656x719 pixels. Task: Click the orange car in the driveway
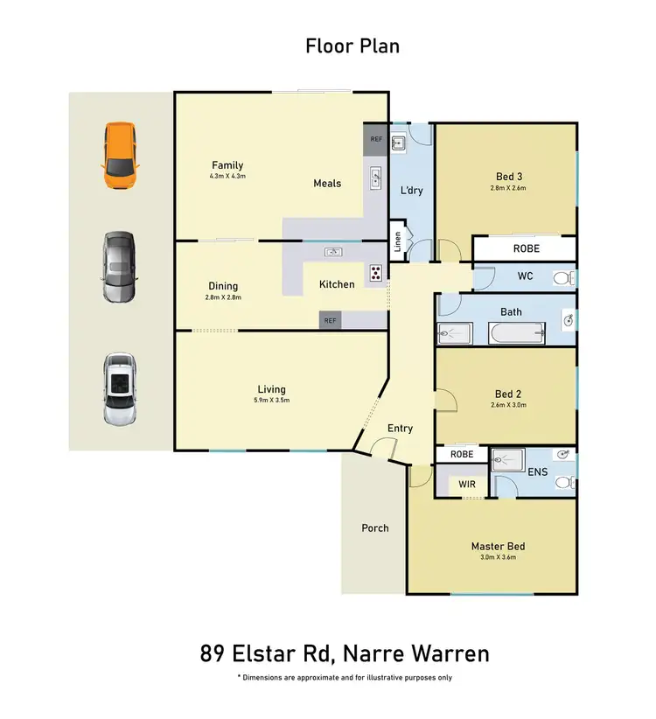[x=120, y=156]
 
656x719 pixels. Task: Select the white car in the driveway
[x=120, y=388]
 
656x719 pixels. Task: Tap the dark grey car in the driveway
[x=120, y=267]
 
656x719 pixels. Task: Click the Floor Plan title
[x=352, y=45]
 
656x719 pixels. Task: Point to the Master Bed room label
[x=498, y=547]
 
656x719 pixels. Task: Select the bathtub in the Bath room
[x=517, y=333]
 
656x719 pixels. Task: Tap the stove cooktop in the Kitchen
[x=376, y=272]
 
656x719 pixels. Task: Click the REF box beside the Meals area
[x=376, y=139]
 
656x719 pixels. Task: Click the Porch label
[x=374, y=527]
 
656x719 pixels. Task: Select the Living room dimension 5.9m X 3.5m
[x=271, y=400]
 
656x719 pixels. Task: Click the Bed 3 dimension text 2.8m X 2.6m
[x=507, y=187]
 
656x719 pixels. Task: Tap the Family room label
[x=227, y=165]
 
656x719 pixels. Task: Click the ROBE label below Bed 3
[x=527, y=248]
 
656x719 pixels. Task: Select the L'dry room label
[x=411, y=190]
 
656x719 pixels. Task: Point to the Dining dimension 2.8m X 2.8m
[x=223, y=297]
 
